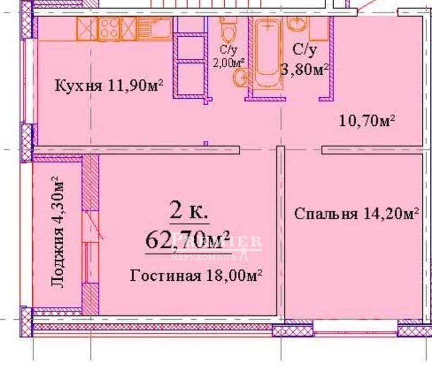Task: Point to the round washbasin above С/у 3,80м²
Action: click(296, 24)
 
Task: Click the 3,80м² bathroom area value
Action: click(305, 69)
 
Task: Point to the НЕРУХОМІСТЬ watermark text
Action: click(216, 252)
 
